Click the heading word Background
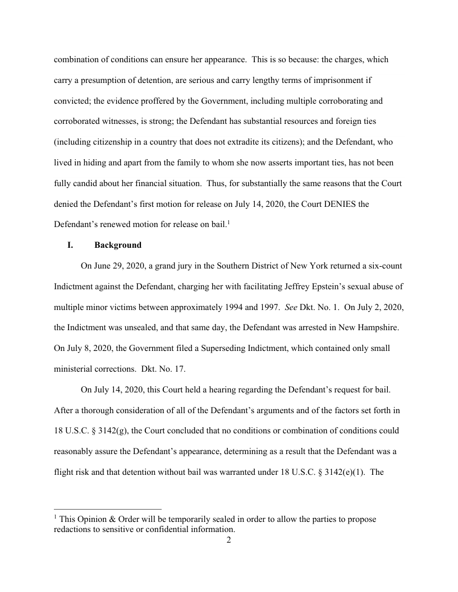[x=118, y=245]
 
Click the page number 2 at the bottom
[x=229, y=540]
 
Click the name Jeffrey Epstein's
[x=314, y=287]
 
